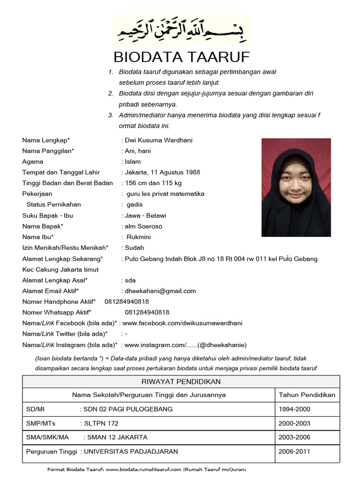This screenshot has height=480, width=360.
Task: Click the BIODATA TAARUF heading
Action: pyautogui.click(x=182, y=57)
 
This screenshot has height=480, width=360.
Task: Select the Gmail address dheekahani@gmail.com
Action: pyautogui.click(x=160, y=291)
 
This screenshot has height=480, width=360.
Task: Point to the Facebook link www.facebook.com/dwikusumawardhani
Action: pyautogui.click(x=183, y=323)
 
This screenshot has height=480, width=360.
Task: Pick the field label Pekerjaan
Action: pyautogui.click(x=37, y=194)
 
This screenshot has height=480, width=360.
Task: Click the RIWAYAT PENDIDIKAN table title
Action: pyautogui.click(x=181, y=382)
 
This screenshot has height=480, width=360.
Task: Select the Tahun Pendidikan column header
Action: pyautogui.click(x=307, y=395)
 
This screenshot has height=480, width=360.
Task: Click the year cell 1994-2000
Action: pyautogui.click(x=294, y=409)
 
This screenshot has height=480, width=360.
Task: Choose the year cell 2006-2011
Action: pyautogui.click(x=294, y=452)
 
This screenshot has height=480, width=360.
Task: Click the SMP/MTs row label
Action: pyautogui.click(x=41, y=423)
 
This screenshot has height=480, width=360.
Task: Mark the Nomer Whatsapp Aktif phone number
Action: pyautogui.click(x=147, y=312)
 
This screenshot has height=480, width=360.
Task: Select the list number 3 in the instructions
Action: pyautogui.click(x=111, y=115)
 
